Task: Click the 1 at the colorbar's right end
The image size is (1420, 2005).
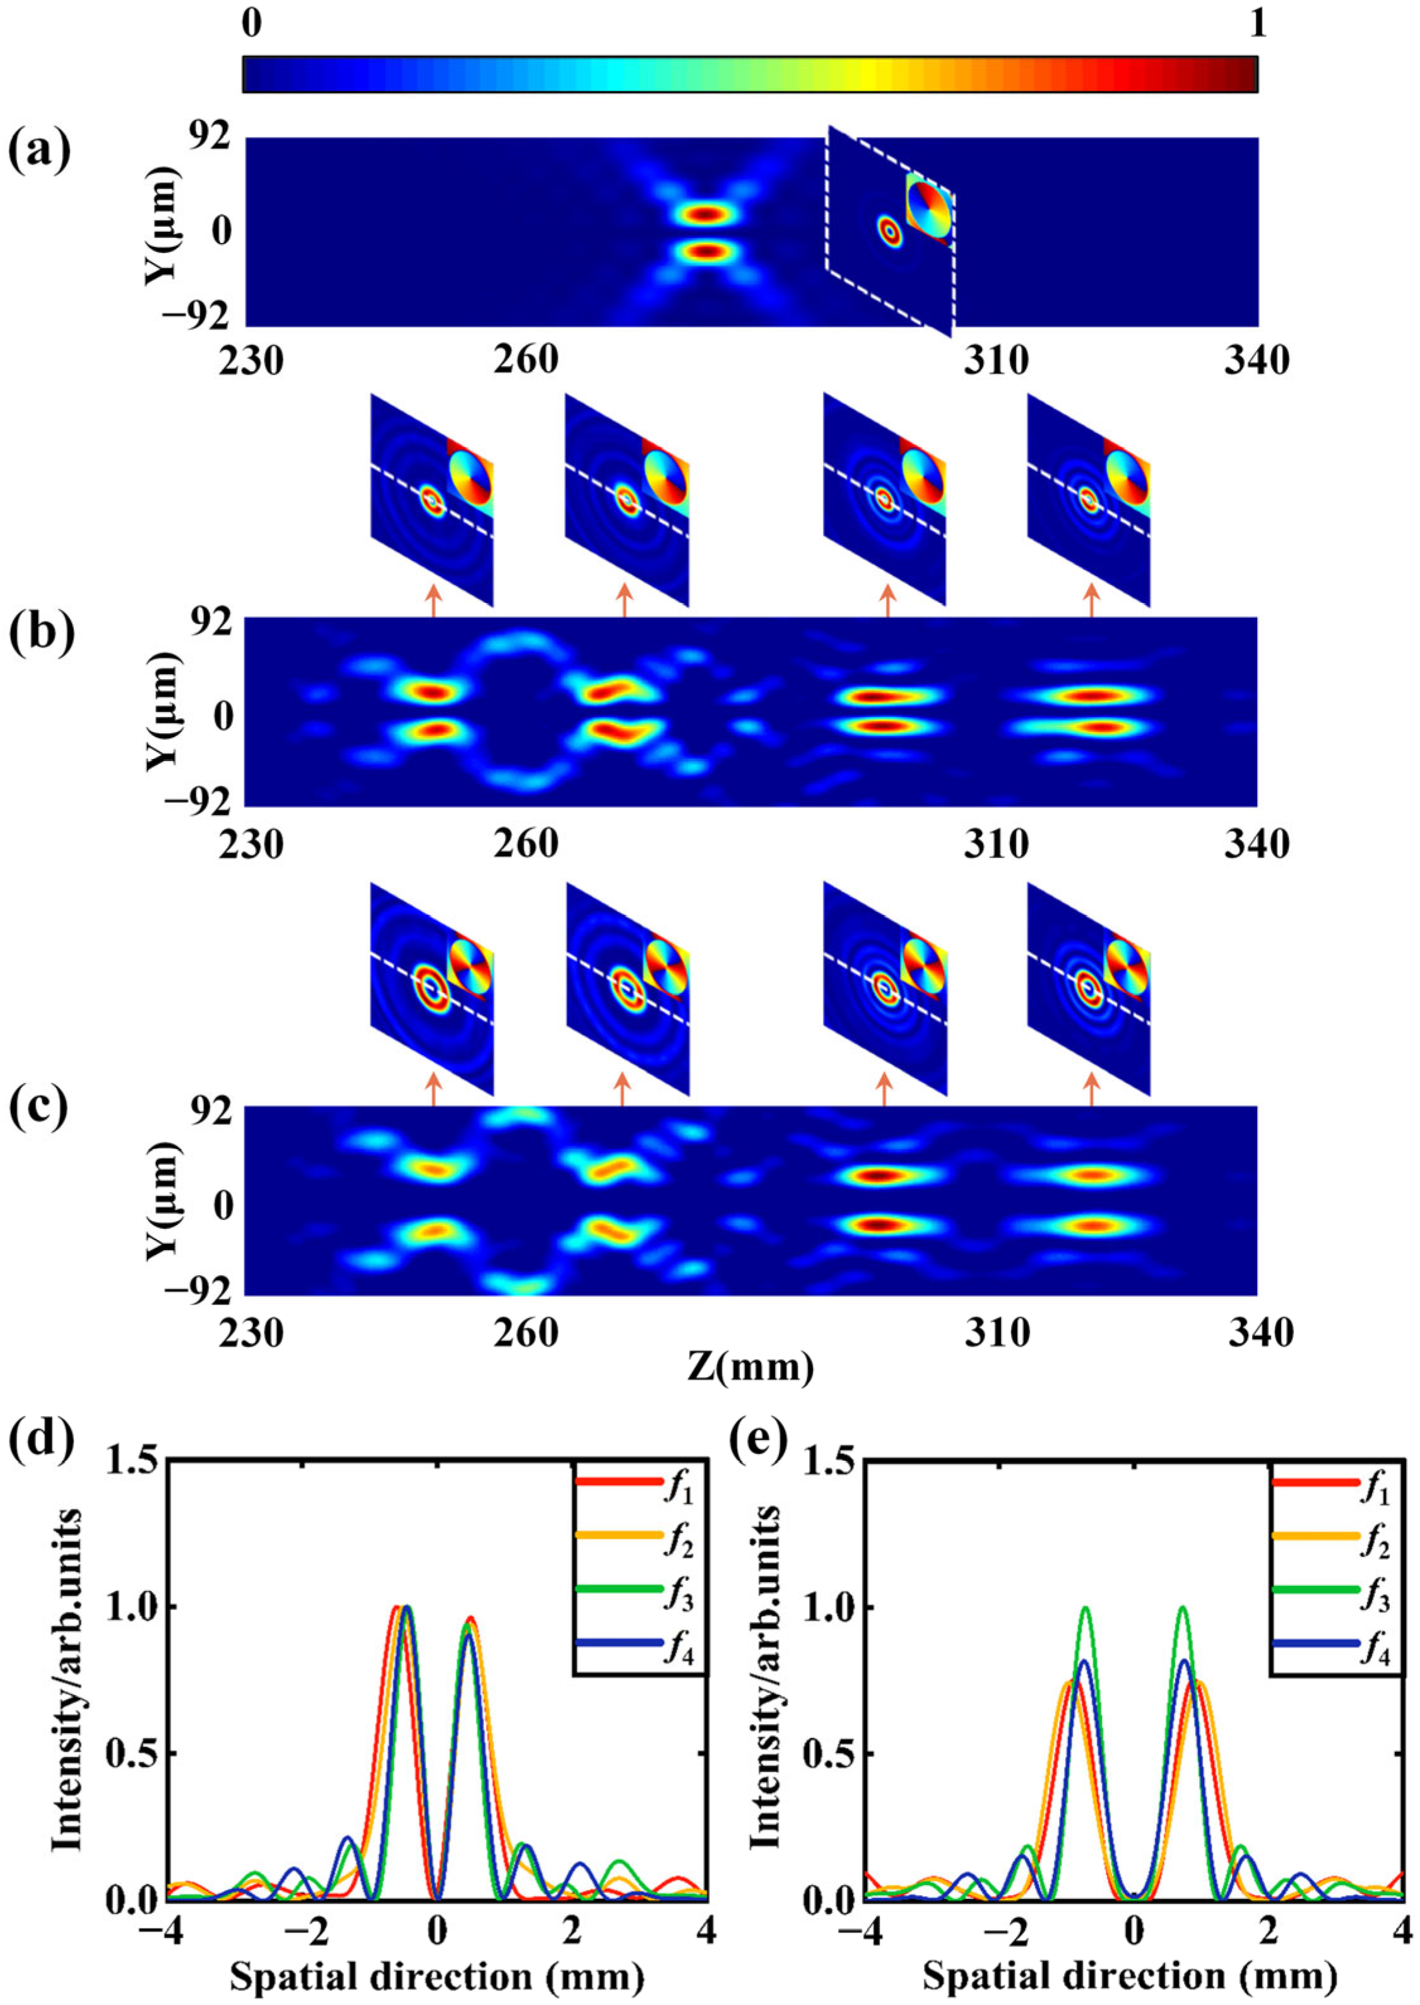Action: (x=1257, y=25)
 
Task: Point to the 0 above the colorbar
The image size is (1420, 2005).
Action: (x=251, y=25)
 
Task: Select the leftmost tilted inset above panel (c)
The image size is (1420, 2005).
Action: (x=432, y=988)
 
